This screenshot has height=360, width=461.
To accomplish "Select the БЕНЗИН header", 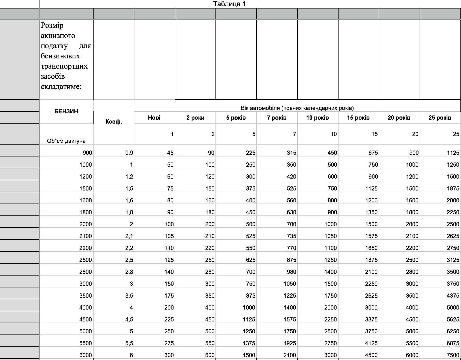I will pos(66,111).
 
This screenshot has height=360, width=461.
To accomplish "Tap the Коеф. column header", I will pos(113,122).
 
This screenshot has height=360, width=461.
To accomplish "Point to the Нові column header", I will pos(154,118).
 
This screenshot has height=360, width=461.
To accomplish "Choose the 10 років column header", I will pos(317,118).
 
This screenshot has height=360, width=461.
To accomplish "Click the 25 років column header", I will pos(440,118).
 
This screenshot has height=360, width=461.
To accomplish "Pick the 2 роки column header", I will pos(195,118).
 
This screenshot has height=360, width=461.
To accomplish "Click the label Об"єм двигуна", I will pos(66,141).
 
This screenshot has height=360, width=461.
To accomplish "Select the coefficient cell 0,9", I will pos(129,153).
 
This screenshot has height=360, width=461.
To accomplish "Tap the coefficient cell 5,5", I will pos(129,343).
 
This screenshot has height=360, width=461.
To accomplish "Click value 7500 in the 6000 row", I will pos(453,355).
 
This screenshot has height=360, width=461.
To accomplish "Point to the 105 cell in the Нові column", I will pos(169,236).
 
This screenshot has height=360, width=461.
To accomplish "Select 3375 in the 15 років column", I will pos(371,319).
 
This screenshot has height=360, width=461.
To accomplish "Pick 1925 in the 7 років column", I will pos(289,343).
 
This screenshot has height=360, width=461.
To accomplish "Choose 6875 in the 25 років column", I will pos(453,343).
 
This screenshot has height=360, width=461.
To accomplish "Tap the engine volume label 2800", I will pos(85,272).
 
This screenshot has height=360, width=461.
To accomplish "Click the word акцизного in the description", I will pos(58,36).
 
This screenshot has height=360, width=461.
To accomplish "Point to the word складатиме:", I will pos(61,87).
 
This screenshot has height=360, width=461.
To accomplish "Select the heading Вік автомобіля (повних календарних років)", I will pos(297,108).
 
